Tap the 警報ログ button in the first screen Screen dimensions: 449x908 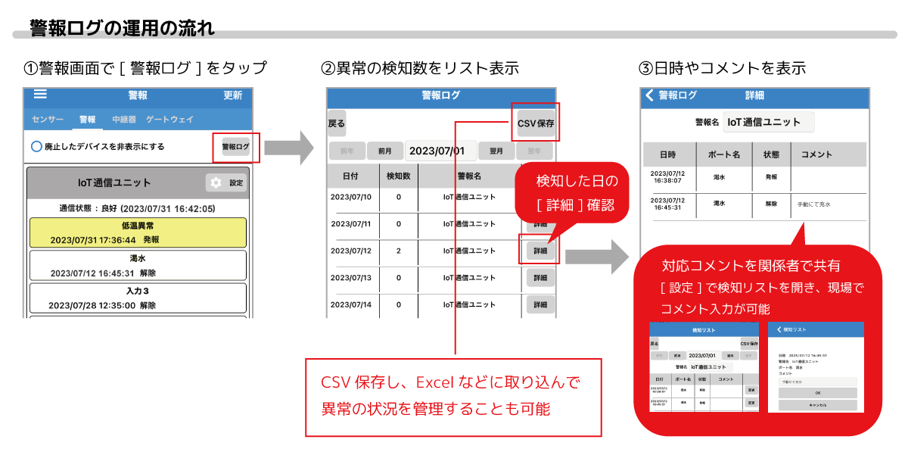tap(235, 146)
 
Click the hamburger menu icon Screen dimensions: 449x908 tap(40, 95)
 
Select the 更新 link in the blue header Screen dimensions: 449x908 tap(233, 95)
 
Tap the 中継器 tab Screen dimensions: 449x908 tap(123, 120)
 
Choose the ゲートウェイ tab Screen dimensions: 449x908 tap(169, 120)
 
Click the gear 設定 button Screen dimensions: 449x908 tap(226, 182)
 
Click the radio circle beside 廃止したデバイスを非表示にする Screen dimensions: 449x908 tap(36, 146)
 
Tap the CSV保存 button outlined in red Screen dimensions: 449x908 tap(536, 123)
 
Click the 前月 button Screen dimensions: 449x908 tap(384, 151)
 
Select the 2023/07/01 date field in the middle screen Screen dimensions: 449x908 tap(442, 151)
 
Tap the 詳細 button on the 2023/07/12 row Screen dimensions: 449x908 tap(540, 251)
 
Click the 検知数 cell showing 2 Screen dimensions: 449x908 tap(398, 251)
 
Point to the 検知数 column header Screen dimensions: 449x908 tap(398, 176)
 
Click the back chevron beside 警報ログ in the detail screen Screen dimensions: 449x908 tap(649, 95)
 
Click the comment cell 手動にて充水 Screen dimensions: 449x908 tap(814, 204)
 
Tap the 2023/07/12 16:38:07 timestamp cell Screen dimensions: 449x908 tap(667, 176)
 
